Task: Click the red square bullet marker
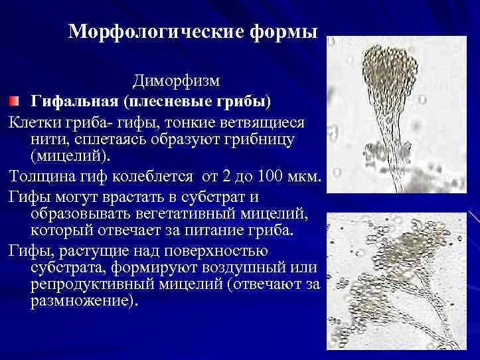[14, 100]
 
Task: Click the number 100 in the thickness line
[272, 178]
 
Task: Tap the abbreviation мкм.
[306, 178]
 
